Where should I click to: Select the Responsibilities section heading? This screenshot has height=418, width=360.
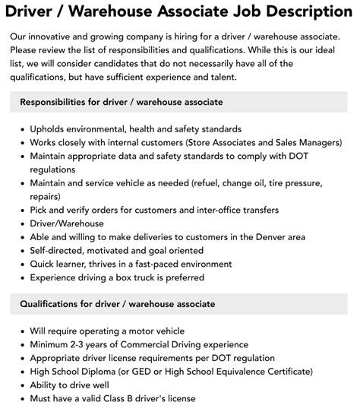coord(121,102)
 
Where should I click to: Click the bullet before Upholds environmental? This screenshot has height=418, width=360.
coord(22,129)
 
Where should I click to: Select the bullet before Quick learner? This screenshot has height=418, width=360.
coord(22,264)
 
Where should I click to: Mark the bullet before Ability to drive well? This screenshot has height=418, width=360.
coord(22,385)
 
